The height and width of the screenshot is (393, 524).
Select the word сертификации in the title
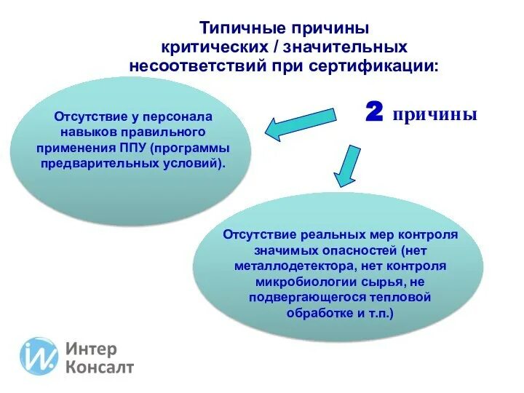tap(378, 65)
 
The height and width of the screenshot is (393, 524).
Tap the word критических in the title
tap(209, 47)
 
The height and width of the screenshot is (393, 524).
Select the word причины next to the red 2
tap(435, 114)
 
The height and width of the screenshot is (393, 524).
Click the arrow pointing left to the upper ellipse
tap(299, 124)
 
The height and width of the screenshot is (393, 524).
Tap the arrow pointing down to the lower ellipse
tap(347, 167)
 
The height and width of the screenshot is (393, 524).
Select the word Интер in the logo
tap(91, 349)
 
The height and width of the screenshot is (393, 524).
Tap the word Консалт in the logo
tap(100, 367)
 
